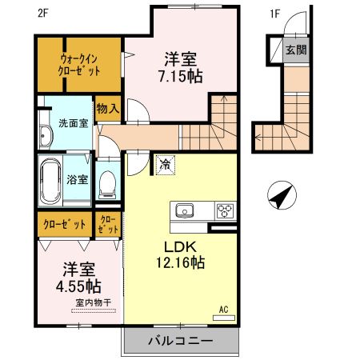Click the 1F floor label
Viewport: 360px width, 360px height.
[275, 14]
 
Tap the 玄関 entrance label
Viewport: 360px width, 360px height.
[295, 50]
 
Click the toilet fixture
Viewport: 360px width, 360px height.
[106, 185]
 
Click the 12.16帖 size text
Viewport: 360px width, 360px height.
[181, 262]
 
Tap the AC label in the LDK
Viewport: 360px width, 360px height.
[223, 307]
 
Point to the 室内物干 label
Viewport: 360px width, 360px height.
[94, 302]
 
